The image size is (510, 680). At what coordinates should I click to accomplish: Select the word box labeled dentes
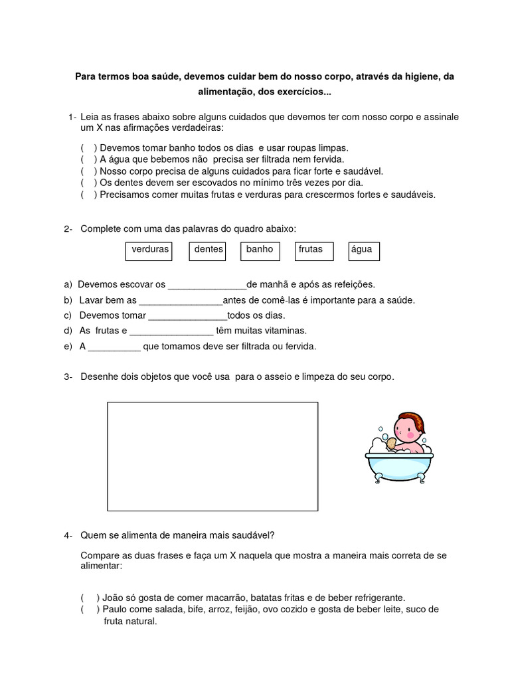coord(207,250)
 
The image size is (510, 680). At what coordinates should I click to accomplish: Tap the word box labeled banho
coord(260,250)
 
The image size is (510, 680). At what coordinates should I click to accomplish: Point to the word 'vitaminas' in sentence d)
coord(286,331)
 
